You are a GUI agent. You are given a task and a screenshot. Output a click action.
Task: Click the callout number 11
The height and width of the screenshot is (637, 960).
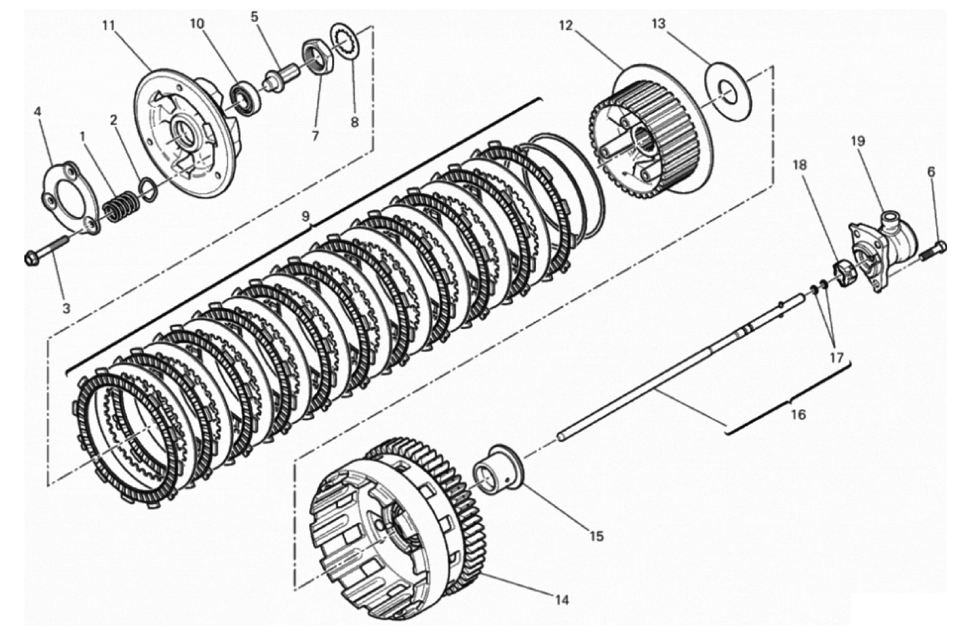coord(108,26)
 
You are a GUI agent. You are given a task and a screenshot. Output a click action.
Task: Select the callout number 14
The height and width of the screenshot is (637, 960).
coord(561,599)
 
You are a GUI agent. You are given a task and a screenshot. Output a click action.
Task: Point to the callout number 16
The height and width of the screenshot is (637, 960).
coord(798,415)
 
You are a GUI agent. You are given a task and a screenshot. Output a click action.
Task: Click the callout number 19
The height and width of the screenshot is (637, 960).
coord(857,141)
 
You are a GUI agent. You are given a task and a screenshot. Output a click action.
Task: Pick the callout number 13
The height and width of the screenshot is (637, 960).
coord(658,24)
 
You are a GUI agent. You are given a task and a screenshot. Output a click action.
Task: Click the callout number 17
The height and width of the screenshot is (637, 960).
coord(836,357)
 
